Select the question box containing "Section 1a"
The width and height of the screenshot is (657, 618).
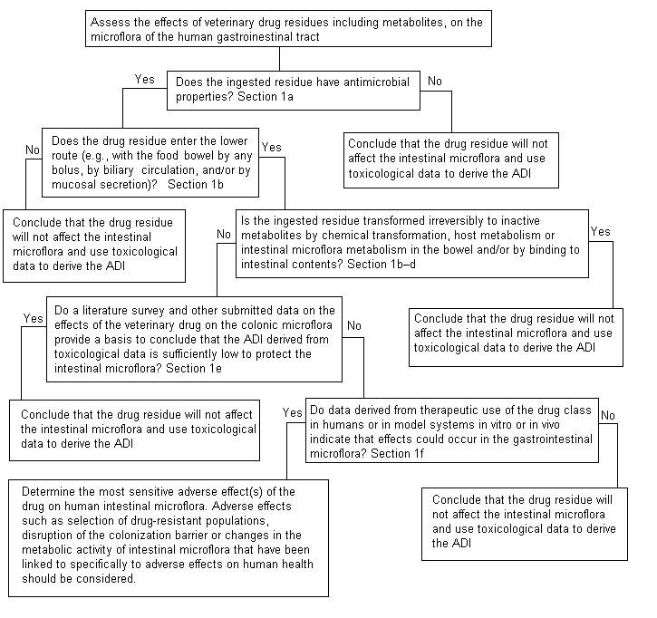click(x=294, y=89)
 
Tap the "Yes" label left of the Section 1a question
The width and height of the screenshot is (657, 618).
click(x=144, y=80)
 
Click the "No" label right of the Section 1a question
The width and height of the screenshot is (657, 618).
click(x=435, y=82)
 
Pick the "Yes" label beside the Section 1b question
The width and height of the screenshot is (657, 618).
click(x=270, y=147)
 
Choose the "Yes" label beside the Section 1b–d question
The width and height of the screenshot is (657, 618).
click(x=601, y=233)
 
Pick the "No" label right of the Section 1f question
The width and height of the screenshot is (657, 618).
click(x=609, y=416)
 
